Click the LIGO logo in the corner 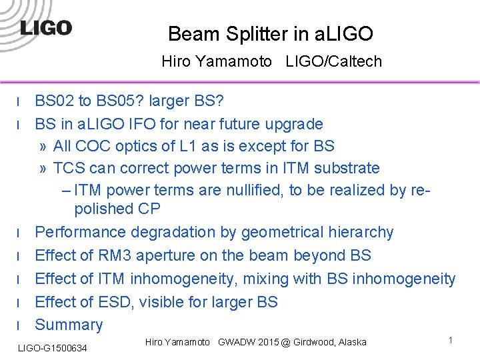pyautogui.click(x=45, y=28)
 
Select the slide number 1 pyautogui.click(x=451, y=341)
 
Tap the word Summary pyautogui.click(x=69, y=325)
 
